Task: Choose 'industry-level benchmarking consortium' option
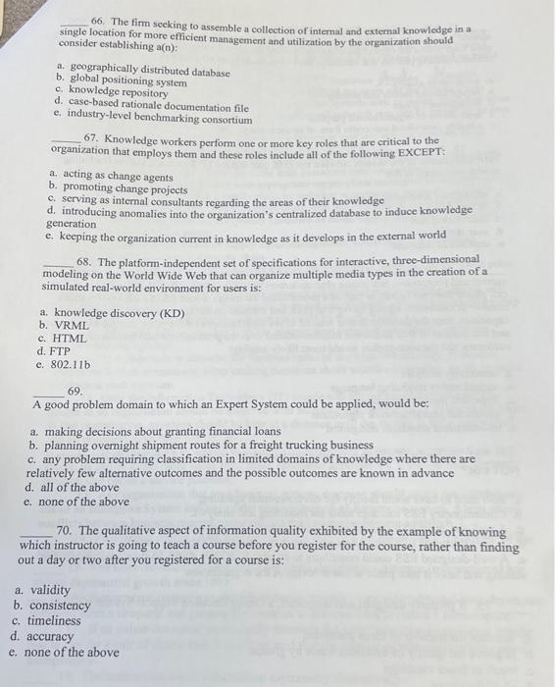pos(160,119)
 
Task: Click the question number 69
pos(75,391)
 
